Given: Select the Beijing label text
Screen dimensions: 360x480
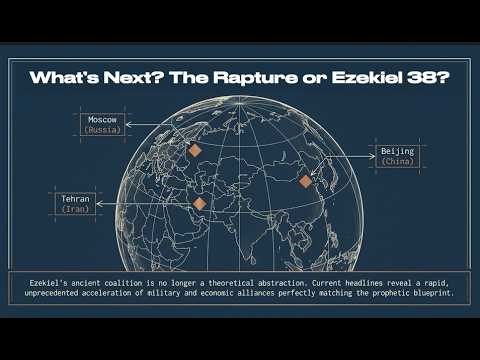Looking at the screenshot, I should [398, 151].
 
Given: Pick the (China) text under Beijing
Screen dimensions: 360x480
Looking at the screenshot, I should [398, 162].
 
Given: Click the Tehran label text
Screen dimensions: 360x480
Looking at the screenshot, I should [78, 199].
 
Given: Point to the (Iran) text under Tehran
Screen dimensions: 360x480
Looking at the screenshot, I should [78, 210].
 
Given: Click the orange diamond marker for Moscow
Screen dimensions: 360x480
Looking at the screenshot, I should [196, 150].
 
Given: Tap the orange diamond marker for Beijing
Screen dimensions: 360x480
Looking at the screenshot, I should [306, 181].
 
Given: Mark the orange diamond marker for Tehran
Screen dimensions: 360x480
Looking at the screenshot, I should [200, 205].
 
